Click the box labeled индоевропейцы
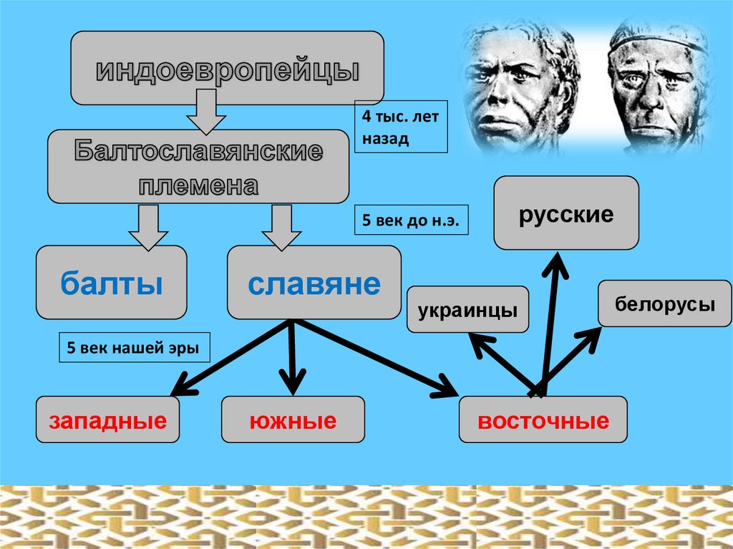[x=227, y=69]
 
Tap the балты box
[x=111, y=283]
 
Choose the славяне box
[x=314, y=283]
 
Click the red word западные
[x=108, y=420]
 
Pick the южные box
[x=293, y=420]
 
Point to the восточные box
[x=543, y=420]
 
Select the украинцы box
[x=467, y=310]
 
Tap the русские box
[x=565, y=213]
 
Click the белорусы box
[x=664, y=303]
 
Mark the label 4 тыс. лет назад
[x=401, y=127]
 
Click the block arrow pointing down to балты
[x=148, y=228]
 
